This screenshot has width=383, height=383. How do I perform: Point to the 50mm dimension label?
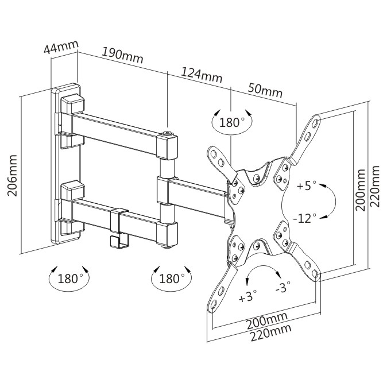point(265,90)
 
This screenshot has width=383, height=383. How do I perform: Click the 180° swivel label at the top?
point(232,122)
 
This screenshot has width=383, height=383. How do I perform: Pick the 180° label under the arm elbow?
point(172,279)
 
